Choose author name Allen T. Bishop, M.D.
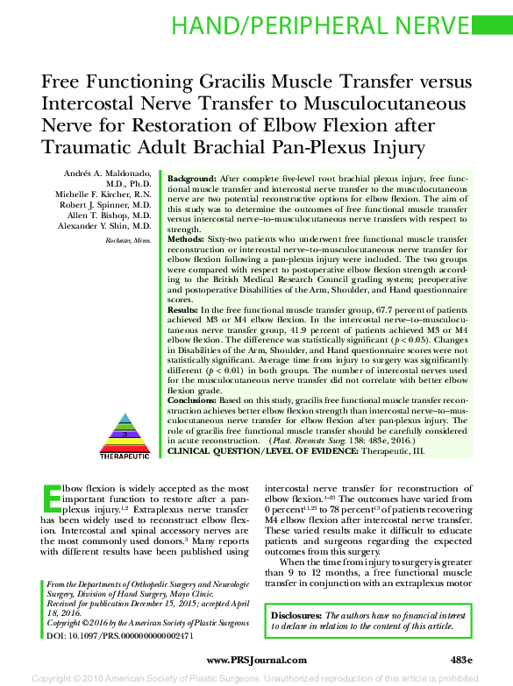(112, 213)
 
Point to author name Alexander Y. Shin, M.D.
(105, 223)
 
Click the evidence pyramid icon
(125, 421)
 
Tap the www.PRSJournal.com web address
(254, 659)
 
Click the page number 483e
(460, 659)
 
